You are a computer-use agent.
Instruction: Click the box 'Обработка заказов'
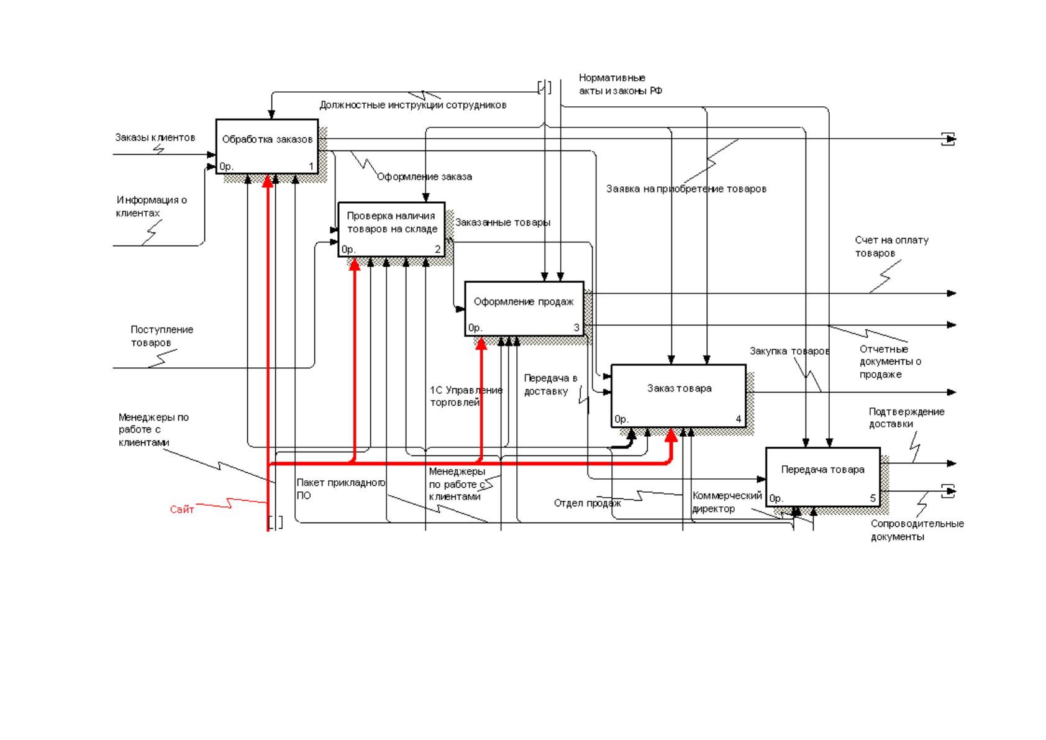coord(267,146)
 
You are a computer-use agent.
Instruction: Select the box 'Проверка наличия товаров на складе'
coord(391,229)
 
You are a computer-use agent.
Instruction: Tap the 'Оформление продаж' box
coord(524,308)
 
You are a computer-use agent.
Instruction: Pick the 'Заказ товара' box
coord(678,396)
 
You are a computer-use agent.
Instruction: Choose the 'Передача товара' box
coord(823,477)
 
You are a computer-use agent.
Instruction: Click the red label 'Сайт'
coord(181,509)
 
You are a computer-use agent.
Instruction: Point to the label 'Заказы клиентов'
coord(155,137)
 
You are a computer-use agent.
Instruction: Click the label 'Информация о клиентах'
coord(152,206)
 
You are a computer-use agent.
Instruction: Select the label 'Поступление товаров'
coord(161,336)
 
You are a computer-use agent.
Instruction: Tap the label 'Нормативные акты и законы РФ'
coord(621,84)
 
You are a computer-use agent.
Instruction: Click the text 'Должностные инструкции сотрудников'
coord(413,105)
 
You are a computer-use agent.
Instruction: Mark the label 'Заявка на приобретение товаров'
coord(686,189)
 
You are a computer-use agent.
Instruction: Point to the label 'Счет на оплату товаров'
coord(891,246)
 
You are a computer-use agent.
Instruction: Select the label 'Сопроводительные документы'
coord(917,530)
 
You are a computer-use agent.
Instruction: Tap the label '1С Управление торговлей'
coord(466,396)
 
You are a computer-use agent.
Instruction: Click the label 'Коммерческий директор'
coord(727,502)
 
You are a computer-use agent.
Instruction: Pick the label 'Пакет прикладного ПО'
coord(341,488)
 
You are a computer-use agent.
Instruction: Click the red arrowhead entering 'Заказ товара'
coord(671,436)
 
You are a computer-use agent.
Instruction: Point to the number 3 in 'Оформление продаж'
coord(576,327)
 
